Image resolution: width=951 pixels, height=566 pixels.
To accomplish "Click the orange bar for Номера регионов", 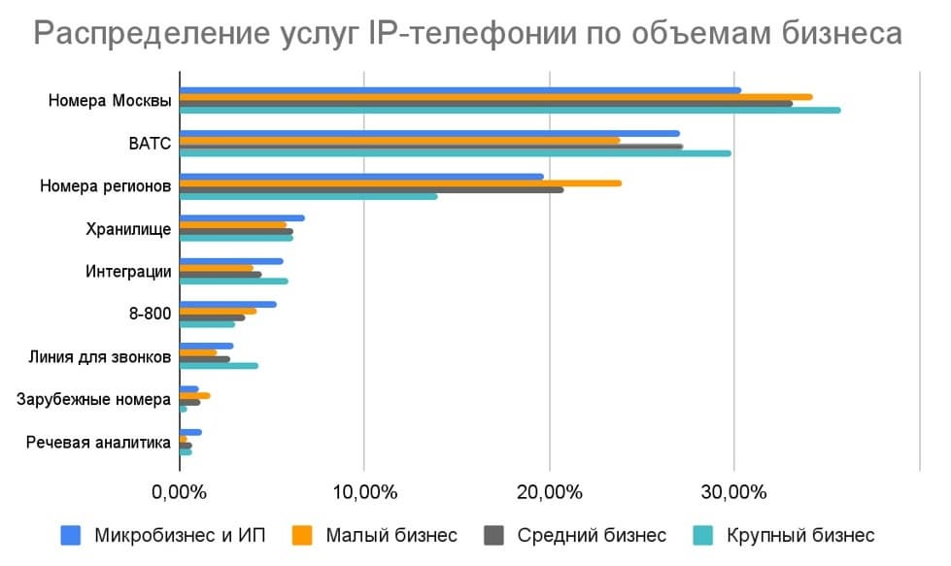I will pyautogui.click(x=399, y=183).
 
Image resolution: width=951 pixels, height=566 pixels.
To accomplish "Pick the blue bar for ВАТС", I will pyautogui.click(x=428, y=134).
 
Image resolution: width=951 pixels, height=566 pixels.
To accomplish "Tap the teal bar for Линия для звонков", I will pyautogui.click(x=219, y=366).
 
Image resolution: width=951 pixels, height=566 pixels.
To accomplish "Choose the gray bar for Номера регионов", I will pyautogui.click(x=370, y=189).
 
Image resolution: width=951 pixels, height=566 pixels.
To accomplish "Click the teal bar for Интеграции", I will pyautogui.click(x=233, y=282).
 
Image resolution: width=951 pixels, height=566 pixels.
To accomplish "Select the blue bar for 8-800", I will pyautogui.click(x=227, y=304).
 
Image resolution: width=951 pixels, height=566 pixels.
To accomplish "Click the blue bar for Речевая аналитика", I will pyautogui.click(x=190, y=432).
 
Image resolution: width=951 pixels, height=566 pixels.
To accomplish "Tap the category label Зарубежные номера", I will pyautogui.click(x=95, y=399).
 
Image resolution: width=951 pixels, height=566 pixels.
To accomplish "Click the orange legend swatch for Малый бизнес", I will pyautogui.click(x=303, y=535).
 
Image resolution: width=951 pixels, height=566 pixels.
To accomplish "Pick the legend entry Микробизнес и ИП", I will pyautogui.click(x=179, y=535).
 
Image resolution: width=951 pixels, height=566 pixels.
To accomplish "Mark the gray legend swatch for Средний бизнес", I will pyautogui.click(x=494, y=535).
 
